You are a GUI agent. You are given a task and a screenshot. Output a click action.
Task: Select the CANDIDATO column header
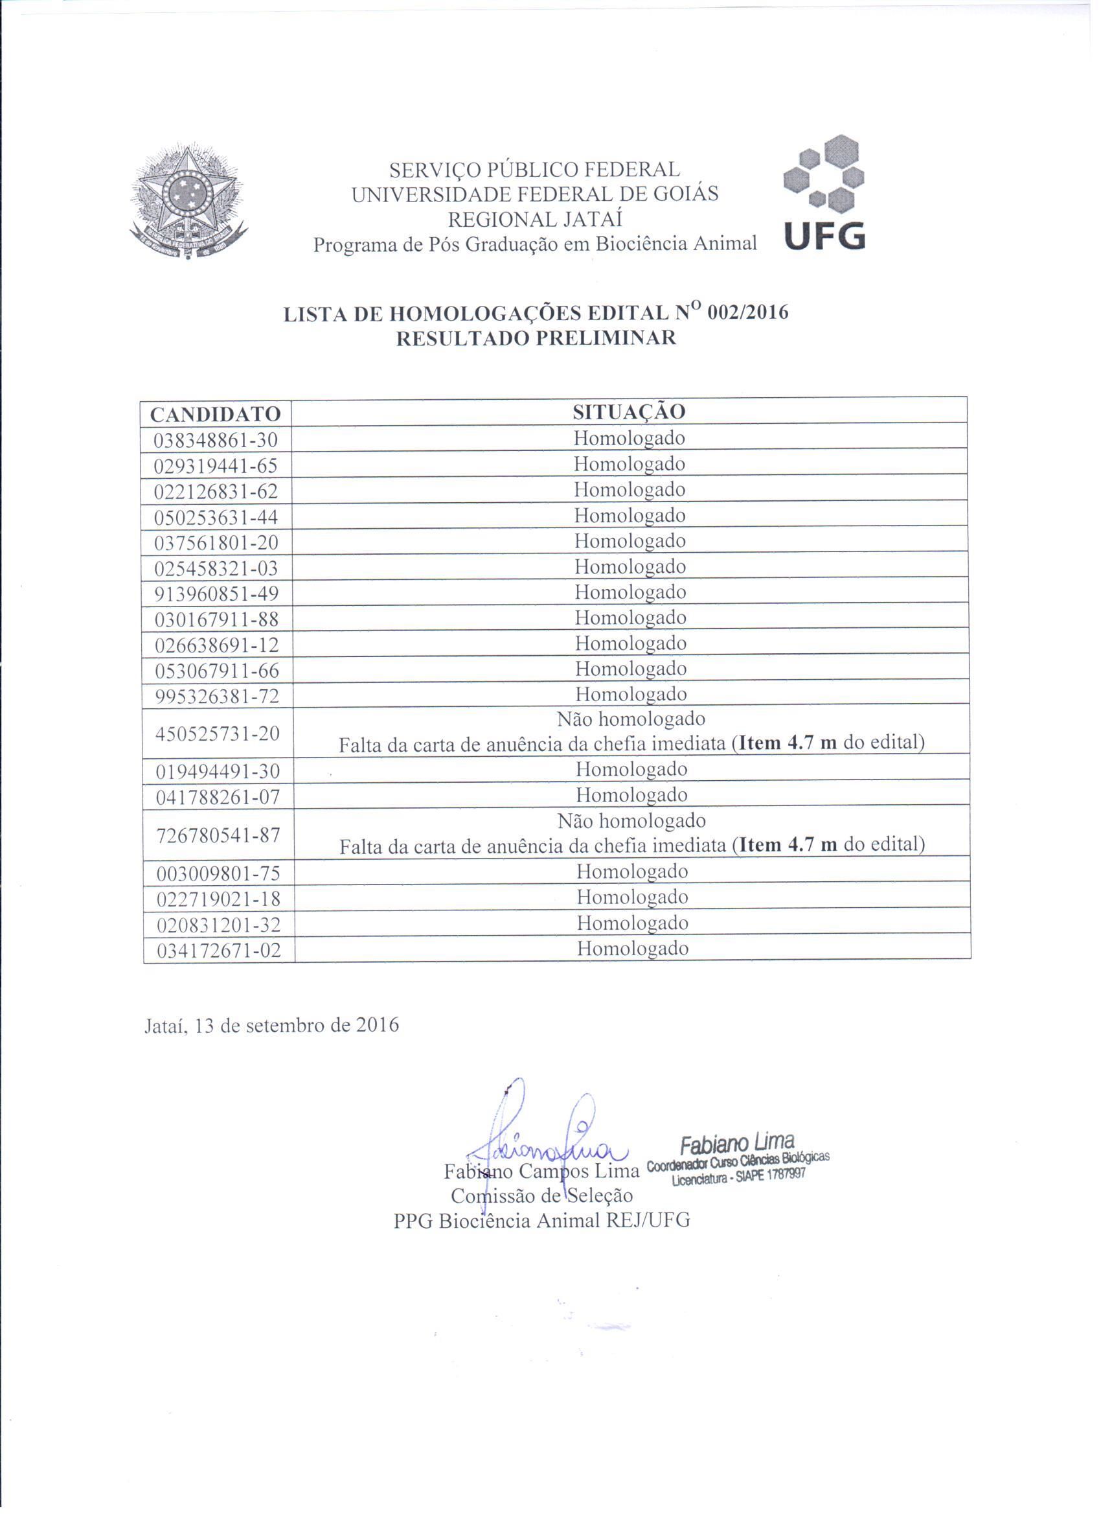click(215, 414)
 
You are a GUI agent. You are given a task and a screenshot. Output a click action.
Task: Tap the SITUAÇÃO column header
click(629, 411)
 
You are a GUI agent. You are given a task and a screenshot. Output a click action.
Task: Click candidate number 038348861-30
click(216, 440)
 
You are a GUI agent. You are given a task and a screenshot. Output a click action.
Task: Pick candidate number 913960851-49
click(217, 593)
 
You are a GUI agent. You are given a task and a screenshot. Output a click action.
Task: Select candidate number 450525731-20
click(218, 734)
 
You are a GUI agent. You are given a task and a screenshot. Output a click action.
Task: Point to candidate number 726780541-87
click(218, 835)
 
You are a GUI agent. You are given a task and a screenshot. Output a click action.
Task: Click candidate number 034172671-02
click(219, 950)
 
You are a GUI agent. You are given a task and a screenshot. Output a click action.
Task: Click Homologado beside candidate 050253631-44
click(630, 515)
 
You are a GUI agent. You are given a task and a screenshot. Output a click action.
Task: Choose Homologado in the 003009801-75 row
click(632, 871)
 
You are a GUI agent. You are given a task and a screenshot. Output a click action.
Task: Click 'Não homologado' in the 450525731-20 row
click(631, 719)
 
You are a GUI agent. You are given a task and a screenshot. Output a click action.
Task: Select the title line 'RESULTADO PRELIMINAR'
click(536, 338)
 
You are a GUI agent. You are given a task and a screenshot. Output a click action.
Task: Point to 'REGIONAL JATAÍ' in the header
click(535, 219)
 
